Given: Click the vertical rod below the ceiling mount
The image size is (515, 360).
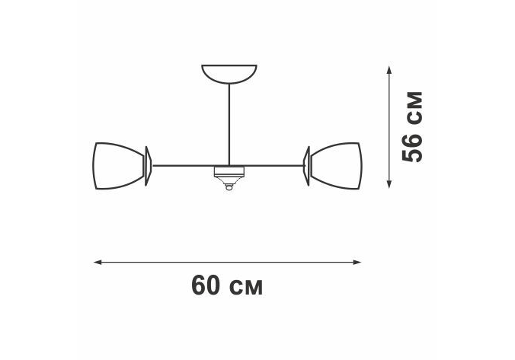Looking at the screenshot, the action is (229, 124).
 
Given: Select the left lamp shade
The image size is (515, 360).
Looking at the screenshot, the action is (119, 166).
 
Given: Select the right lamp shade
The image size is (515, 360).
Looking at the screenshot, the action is (336, 166).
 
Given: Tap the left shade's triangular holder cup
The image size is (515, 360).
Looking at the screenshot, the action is (148, 166).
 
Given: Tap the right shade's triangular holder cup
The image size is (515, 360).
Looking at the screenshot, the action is (307, 166).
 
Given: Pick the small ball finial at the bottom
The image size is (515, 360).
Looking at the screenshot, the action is (229, 188).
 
